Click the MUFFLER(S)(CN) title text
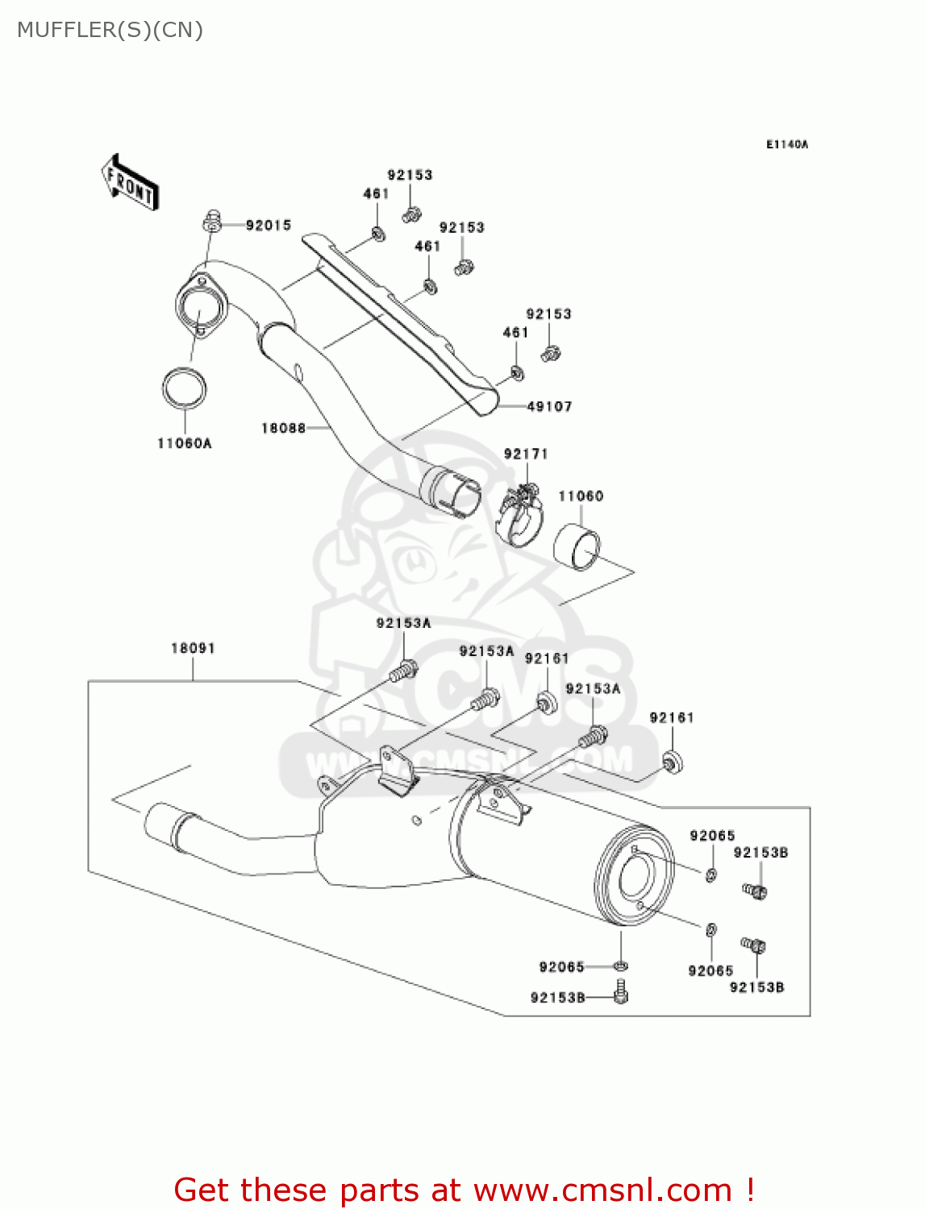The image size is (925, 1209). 110,30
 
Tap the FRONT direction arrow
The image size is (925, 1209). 129,183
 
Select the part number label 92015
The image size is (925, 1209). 269,226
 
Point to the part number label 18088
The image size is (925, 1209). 283,428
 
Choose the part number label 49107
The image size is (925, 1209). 549,407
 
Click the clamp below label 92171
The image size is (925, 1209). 520,517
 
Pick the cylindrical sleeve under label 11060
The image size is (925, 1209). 577,546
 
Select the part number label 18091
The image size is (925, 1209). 193,648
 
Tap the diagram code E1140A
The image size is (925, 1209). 787,145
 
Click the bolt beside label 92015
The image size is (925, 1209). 212,220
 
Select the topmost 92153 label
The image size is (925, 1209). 410,175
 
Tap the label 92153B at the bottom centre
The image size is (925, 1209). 557,998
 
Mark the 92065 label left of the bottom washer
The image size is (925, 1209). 561,967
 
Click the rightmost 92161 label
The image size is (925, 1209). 672,717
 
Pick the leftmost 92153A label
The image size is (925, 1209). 403,623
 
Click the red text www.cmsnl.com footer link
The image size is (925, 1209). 602,1190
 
